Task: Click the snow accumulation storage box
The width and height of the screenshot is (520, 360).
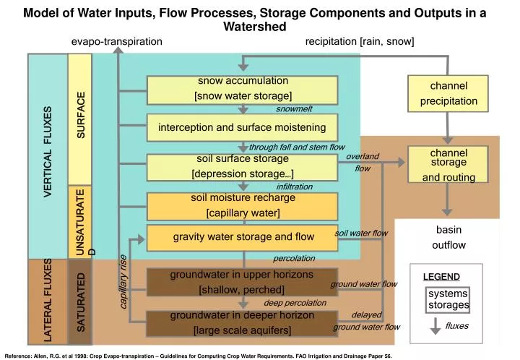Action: tap(243, 89)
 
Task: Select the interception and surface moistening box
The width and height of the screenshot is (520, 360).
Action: tap(243, 128)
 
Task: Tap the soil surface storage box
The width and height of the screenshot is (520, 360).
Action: tap(243, 166)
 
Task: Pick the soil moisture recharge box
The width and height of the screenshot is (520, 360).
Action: tap(243, 205)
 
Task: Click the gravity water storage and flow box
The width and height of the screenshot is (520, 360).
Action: tap(243, 237)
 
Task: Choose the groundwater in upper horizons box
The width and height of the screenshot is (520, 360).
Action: tap(243, 282)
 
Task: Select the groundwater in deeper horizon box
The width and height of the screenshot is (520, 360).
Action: tap(243, 323)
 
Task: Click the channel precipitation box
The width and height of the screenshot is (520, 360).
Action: tap(448, 93)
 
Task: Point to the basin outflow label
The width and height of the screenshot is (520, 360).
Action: tap(448, 237)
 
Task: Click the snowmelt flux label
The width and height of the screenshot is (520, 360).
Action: tap(294, 109)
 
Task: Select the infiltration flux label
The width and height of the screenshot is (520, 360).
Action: tap(294, 187)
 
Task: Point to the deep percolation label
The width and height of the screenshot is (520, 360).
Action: tap(295, 303)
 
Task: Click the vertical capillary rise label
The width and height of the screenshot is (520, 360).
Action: tap(123, 282)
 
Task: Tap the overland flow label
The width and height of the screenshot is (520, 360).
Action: tap(363, 163)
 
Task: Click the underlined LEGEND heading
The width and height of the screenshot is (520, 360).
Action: tap(441, 277)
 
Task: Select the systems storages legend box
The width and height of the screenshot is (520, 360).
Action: tap(448, 299)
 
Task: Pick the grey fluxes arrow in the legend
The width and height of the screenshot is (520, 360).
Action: tap(435, 326)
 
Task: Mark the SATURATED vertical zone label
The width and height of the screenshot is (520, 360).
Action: tap(81, 302)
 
